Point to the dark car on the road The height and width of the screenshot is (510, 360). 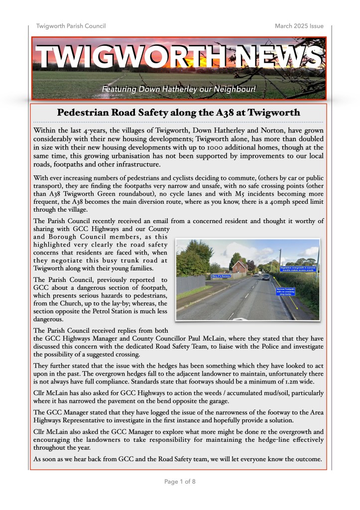tap(265, 277)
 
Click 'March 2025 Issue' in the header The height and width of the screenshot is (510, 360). tap(299, 26)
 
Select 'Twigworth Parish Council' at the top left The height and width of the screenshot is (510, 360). tap(71, 26)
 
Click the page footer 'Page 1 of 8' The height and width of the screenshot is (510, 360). tap(180, 482)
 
